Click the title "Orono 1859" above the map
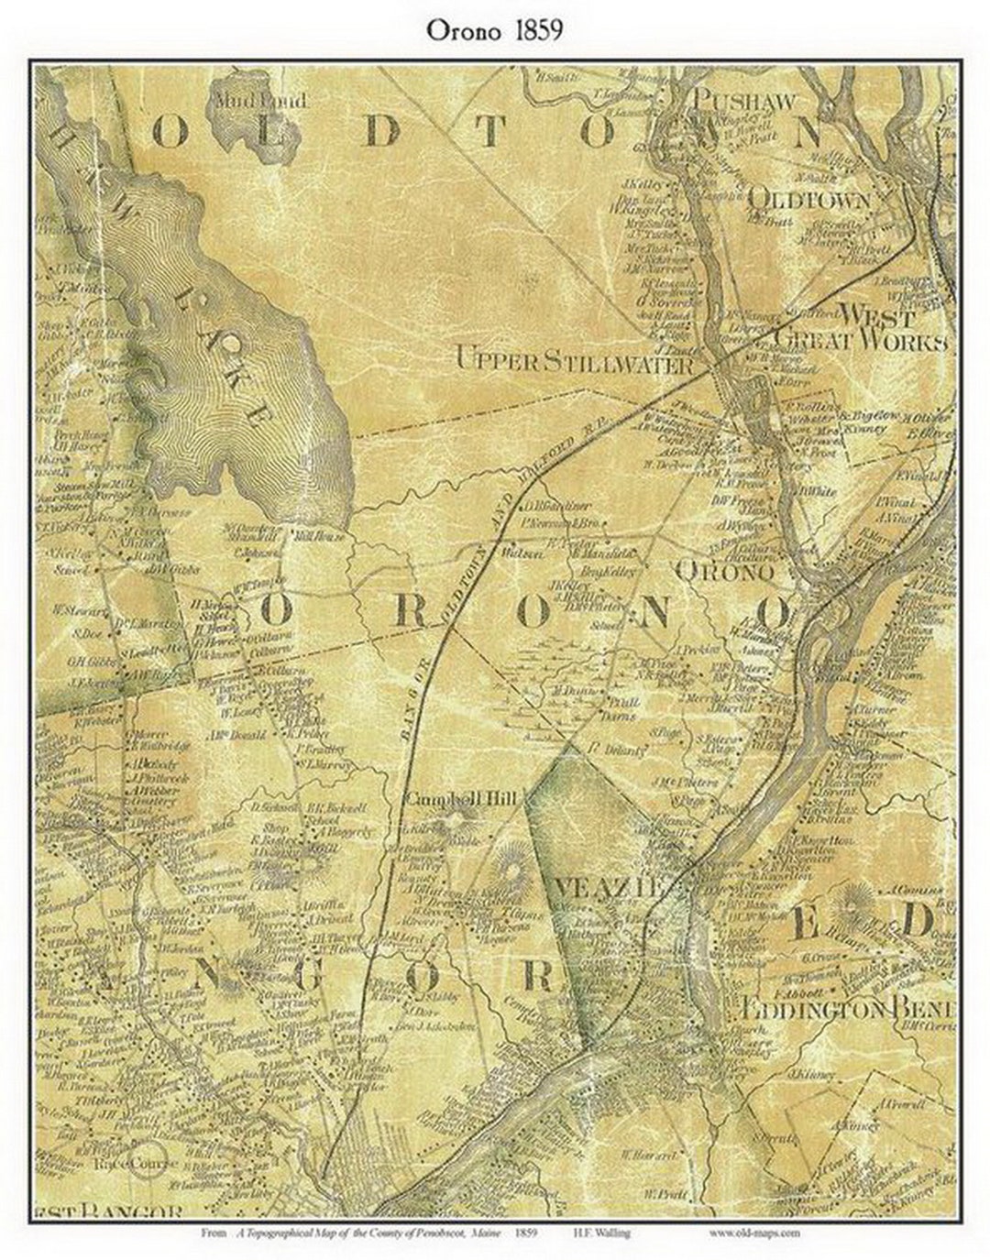point(494,30)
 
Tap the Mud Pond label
point(260,100)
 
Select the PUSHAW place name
point(745,101)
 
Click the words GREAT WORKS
point(859,342)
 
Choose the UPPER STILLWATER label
point(574,361)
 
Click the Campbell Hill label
point(461,800)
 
